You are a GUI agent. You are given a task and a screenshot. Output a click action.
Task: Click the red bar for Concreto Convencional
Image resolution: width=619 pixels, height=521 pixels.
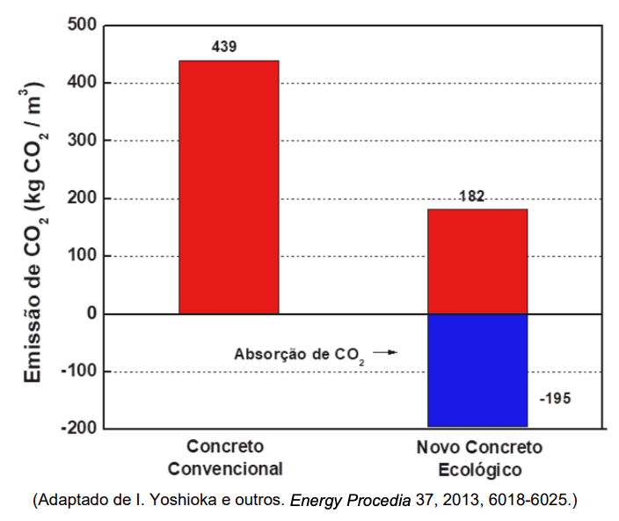click(229, 187)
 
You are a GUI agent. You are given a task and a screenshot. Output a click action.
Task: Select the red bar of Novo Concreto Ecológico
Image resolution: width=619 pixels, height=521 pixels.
click(477, 261)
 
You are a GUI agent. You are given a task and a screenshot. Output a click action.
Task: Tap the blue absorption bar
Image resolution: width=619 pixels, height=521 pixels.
click(477, 370)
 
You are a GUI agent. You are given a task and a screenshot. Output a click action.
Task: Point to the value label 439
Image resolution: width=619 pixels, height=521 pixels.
click(224, 47)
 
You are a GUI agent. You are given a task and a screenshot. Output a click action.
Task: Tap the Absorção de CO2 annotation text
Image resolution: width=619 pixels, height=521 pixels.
click(299, 354)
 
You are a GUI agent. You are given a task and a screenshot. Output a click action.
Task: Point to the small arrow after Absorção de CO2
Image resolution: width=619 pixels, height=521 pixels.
click(385, 352)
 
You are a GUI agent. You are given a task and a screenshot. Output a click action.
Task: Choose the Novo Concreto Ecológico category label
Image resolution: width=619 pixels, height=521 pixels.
click(479, 458)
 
